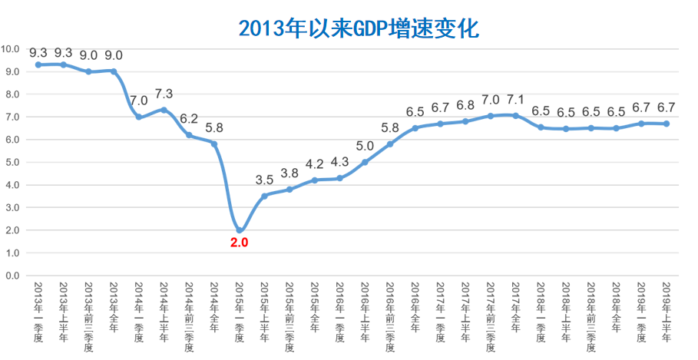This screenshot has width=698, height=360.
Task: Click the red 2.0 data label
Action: pos(240,243)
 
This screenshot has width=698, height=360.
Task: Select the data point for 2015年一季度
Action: pos(240,230)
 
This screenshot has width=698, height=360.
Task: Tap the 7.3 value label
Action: pos(164,94)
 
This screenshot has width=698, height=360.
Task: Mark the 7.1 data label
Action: pos(515,99)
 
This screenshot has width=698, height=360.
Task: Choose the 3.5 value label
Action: pos(264,180)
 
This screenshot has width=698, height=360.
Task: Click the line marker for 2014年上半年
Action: pos(164,110)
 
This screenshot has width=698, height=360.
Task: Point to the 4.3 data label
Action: pos(339,162)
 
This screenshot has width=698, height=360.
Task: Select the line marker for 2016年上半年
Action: pos(365,162)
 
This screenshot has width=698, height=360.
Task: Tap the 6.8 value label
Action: pos(465,105)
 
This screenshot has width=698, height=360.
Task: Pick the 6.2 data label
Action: pos(189,118)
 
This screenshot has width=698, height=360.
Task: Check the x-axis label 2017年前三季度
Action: pos(490,316)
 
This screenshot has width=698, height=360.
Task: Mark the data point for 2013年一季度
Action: pos(38,64)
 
